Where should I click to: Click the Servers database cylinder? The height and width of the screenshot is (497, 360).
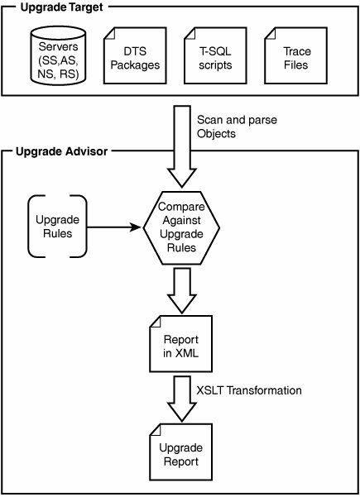point(59,55)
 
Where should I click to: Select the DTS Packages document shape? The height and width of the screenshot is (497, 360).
point(135,55)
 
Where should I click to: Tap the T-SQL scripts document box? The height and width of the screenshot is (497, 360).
point(215,55)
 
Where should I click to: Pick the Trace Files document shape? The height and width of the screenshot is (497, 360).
point(296,55)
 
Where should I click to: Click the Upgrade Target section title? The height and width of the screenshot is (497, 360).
point(61,7)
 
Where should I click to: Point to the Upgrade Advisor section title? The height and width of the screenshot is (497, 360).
point(62,151)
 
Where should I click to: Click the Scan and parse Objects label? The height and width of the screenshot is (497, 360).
point(237,127)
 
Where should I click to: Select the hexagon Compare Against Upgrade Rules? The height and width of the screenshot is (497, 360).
point(181,228)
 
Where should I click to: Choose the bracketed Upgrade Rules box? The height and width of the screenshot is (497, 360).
point(57,227)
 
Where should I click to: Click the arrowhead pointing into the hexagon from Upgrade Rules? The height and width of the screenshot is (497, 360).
point(136,227)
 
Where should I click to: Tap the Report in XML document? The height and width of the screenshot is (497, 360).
point(180,343)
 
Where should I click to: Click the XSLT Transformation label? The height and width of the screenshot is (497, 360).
point(249,390)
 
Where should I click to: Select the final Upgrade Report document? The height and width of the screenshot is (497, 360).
point(180,452)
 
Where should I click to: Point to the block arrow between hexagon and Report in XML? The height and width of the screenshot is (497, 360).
point(182,290)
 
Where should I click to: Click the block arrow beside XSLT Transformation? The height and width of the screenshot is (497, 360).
point(182,399)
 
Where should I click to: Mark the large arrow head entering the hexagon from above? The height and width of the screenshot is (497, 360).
point(182,179)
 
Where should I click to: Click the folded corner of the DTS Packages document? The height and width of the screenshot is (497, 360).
point(109,33)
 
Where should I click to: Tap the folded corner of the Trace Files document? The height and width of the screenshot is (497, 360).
point(270,33)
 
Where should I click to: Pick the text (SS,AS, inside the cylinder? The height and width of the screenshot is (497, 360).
point(58,60)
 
